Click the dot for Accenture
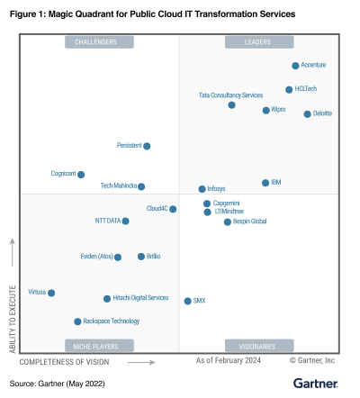pos(295,66)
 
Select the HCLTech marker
pos(289,89)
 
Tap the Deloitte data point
pos(308,113)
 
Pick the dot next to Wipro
pos(265,110)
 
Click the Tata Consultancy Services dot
pos(232,105)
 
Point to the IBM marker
pos(265,183)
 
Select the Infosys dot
pos(202,189)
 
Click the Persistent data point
pos(147,146)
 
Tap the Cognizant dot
pos(81,175)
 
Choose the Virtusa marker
pos(51,293)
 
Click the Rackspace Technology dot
pos(77,321)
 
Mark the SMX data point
pos(187,301)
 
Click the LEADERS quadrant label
pos(258,42)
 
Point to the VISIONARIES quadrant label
pos(258,346)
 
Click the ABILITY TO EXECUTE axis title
pos(12,306)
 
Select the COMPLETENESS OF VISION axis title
pos(64,361)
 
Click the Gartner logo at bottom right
pos(315,384)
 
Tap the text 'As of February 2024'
pos(229,360)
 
